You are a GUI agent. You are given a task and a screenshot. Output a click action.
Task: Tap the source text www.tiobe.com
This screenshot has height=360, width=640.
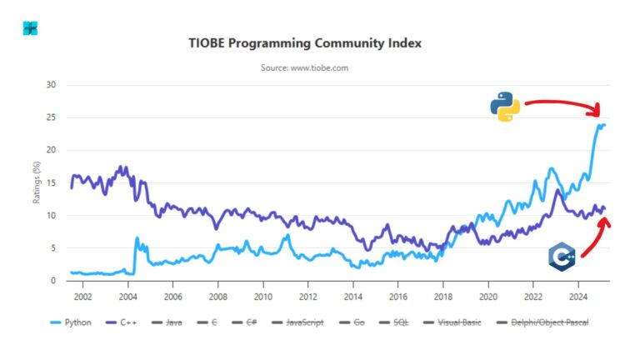pyautogui.click(x=303, y=67)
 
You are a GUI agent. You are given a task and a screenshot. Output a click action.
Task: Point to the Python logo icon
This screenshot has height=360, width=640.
pyautogui.click(x=505, y=107)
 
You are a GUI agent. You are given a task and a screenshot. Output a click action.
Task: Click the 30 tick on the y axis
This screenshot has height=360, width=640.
pyautogui.click(x=51, y=85)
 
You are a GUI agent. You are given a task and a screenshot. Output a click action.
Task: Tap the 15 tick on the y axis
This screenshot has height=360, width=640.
pyautogui.click(x=51, y=182)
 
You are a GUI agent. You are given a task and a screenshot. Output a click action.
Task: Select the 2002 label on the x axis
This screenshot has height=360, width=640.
pyautogui.click(x=82, y=296)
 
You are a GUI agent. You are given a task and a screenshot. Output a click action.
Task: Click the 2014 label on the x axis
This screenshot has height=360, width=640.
pyautogui.click(x=352, y=296)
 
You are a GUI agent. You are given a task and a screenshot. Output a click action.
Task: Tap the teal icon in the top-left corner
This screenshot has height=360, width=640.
pyautogui.click(x=30, y=28)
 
